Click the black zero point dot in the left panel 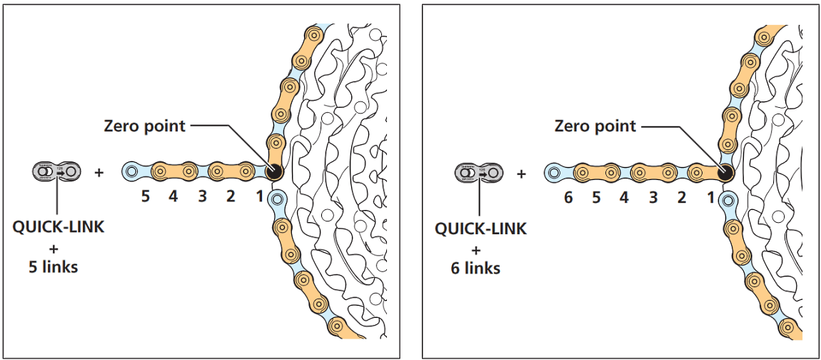pyautogui.click(x=272, y=172)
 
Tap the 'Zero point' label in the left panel pyautogui.click(x=144, y=126)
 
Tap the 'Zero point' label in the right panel pyautogui.click(x=595, y=126)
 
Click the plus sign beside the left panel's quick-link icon pyautogui.click(x=98, y=172)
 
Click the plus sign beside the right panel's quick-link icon pyautogui.click(x=520, y=173)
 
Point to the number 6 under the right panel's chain pyautogui.click(x=568, y=197)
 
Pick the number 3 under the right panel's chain pyautogui.click(x=653, y=197)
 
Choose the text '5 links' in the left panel pyautogui.click(x=54, y=268)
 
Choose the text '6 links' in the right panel pyautogui.click(x=476, y=269)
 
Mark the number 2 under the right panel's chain pyautogui.click(x=682, y=197)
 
